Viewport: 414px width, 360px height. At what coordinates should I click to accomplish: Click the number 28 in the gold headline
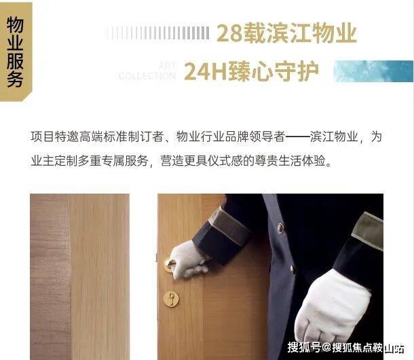[229, 33]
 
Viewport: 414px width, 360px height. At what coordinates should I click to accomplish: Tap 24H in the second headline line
[206, 71]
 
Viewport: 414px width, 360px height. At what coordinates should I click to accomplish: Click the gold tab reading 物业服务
[16, 52]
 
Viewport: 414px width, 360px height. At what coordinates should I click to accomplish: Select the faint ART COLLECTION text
[147, 71]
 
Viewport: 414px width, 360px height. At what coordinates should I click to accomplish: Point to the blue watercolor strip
[373, 71]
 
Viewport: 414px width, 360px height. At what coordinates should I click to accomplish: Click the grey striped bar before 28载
[158, 33]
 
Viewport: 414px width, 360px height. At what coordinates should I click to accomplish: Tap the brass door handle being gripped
[169, 265]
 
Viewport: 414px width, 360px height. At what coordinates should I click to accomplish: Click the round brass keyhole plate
[171, 299]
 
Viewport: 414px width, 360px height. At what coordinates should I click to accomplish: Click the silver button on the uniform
[280, 228]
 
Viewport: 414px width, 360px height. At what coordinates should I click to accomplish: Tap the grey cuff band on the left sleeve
[229, 227]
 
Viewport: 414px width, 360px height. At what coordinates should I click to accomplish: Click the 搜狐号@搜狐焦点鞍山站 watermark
[346, 347]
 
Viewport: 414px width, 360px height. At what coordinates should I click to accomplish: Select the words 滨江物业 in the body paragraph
[334, 137]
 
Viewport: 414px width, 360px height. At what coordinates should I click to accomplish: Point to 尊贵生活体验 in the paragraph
[290, 161]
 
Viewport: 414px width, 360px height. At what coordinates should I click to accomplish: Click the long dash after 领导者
[297, 137]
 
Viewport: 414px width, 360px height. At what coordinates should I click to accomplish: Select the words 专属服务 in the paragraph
[124, 161]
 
